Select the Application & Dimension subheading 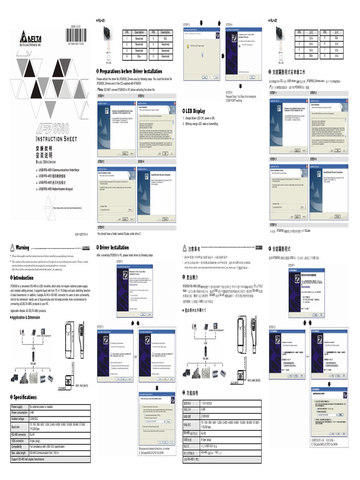pyautogui.click(x=26, y=317)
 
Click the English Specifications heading pyautogui.click(x=23, y=397)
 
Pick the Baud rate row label pyautogui.click(x=16, y=427)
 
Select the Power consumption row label pyautogui.click(x=19, y=412)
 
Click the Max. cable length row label pyautogui.click(x=19, y=453)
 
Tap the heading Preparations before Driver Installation pyautogui.click(x=129, y=71)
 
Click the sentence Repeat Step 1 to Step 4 pyautogui.click(x=241, y=96)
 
